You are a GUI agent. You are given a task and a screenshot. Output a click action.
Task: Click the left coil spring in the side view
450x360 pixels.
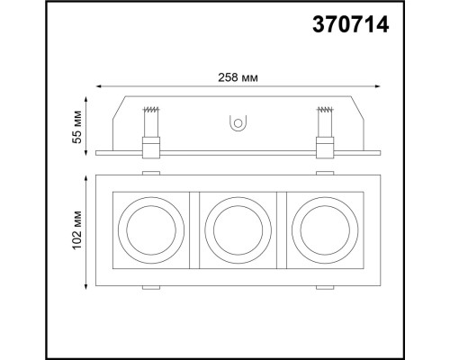(149, 119)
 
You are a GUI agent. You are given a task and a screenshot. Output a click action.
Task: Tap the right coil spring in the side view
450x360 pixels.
(325, 119)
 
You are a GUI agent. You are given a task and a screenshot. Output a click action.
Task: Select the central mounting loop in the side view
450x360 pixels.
(238, 121)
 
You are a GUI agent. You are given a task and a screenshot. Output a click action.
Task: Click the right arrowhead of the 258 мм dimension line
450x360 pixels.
(381, 86)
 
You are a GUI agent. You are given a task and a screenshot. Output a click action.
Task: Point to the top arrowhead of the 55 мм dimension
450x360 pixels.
(87, 96)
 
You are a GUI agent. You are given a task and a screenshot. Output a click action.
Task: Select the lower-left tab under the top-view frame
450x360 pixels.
(150, 289)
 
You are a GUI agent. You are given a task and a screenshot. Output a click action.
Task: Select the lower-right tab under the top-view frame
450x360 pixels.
(324, 289)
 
